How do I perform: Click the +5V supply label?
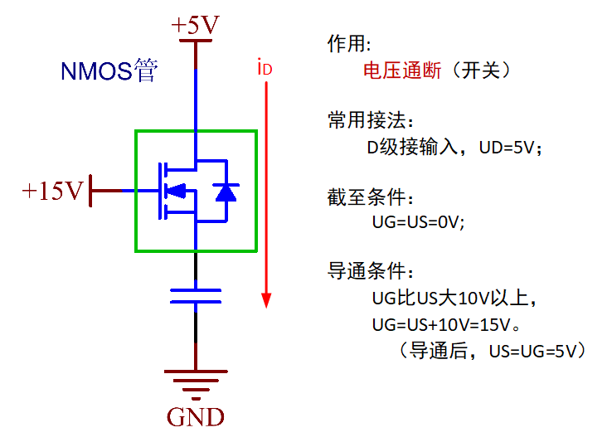[x=195, y=26]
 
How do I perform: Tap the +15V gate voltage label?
[x=53, y=192]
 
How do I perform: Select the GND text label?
[x=196, y=416]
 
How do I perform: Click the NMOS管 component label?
[x=108, y=72]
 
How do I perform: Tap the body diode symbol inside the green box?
[x=225, y=192]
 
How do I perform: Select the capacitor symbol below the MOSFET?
[x=196, y=296]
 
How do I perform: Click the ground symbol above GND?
[x=196, y=383]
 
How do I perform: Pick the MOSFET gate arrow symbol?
[x=175, y=192]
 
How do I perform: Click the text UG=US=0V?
[x=419, y=222]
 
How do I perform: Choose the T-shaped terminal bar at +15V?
[x=90, y=191]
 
